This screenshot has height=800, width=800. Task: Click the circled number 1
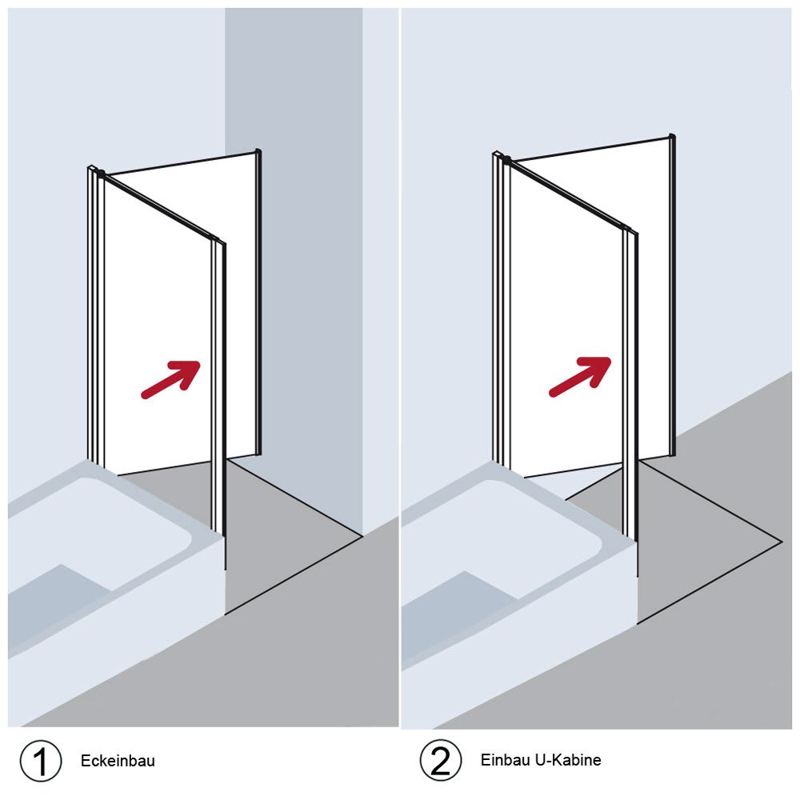(41, 761)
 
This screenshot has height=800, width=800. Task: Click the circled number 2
(441, 760)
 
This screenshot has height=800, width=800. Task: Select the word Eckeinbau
(118, 761)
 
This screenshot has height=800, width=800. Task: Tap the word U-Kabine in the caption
(568, 760)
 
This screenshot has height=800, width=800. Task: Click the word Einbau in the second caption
(505, 760)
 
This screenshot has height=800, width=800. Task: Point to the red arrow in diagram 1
(170, 379)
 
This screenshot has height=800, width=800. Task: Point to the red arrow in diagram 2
(580, 376)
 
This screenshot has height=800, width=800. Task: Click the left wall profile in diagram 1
(96, 316)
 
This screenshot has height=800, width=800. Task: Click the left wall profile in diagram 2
(502, 310)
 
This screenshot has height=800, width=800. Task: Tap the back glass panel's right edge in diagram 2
(673, 295)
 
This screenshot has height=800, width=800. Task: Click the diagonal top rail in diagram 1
(160, 206)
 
